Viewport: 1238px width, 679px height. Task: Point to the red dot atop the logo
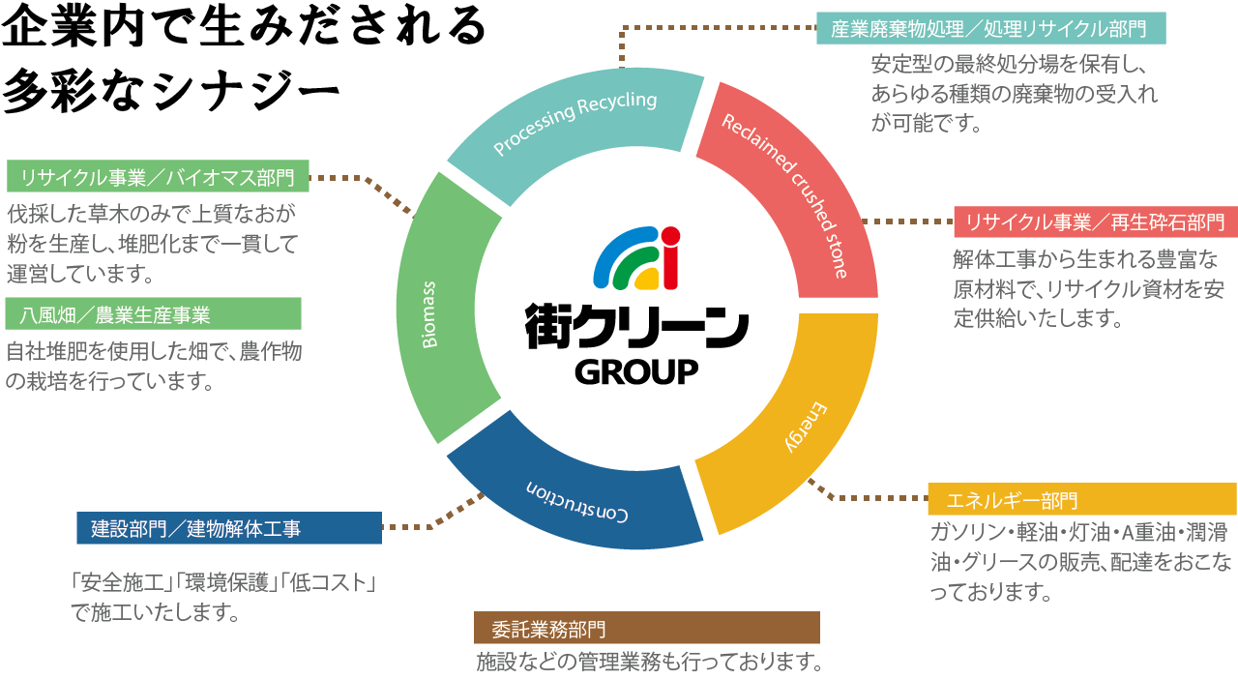click(670, 235)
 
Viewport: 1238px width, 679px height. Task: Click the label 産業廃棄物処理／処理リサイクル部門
click(990, 29)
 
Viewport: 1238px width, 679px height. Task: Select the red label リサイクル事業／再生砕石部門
click(1095, 222)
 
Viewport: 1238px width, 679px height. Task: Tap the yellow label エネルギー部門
click(1081, 500)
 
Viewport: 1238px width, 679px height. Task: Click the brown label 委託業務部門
click(646, 629)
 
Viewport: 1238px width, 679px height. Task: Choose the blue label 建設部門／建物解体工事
click(229, 528)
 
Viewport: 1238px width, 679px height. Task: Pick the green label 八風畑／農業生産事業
click(154, 314)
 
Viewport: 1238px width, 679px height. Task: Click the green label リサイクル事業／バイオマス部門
click(158, 177)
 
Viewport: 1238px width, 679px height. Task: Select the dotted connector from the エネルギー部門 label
click(870, 497)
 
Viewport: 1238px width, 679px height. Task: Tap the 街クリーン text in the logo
click(636, 327)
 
